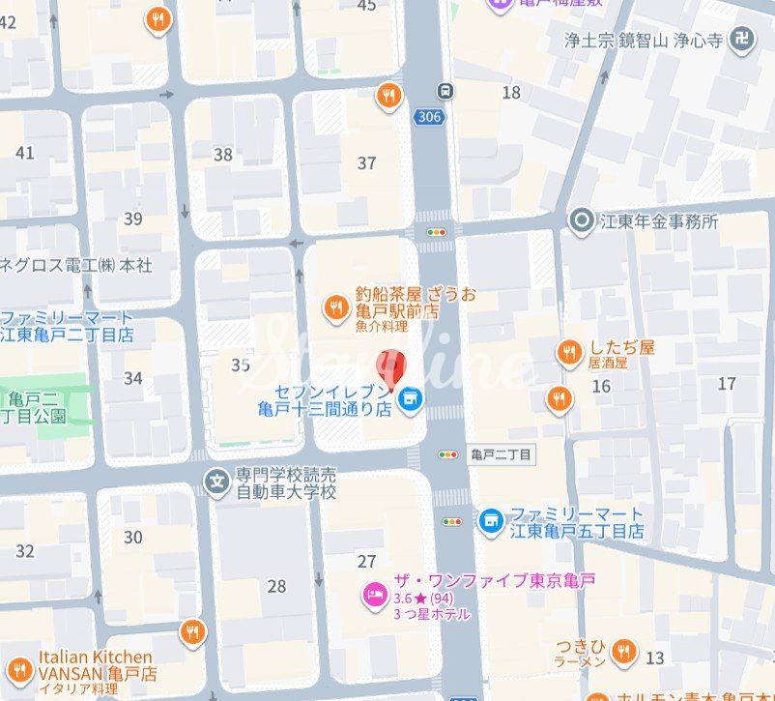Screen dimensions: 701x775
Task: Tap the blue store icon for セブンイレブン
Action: (x=410, y=397)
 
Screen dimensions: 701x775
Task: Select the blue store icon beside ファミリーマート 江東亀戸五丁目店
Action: (x=490, y=521)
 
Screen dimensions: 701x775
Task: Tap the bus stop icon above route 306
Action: (x=445, y=91)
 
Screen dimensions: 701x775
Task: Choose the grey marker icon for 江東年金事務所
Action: (x=581, y=220)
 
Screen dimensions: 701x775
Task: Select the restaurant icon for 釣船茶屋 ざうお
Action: (x=335, y=307)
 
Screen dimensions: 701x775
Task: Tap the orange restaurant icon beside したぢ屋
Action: (x=569, y=353)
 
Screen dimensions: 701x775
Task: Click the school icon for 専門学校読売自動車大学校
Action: (x=217, y=478)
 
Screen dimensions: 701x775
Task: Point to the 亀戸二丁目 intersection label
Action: (x=500, y=453)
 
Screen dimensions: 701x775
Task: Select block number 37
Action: (x=366, y=162)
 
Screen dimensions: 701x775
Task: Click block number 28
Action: (x=277, y=586)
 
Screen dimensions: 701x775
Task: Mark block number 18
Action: (x=511, y=92)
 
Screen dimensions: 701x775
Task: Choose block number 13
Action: (x=655, y=657)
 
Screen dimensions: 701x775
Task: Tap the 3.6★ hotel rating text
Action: (x=416, y=598)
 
